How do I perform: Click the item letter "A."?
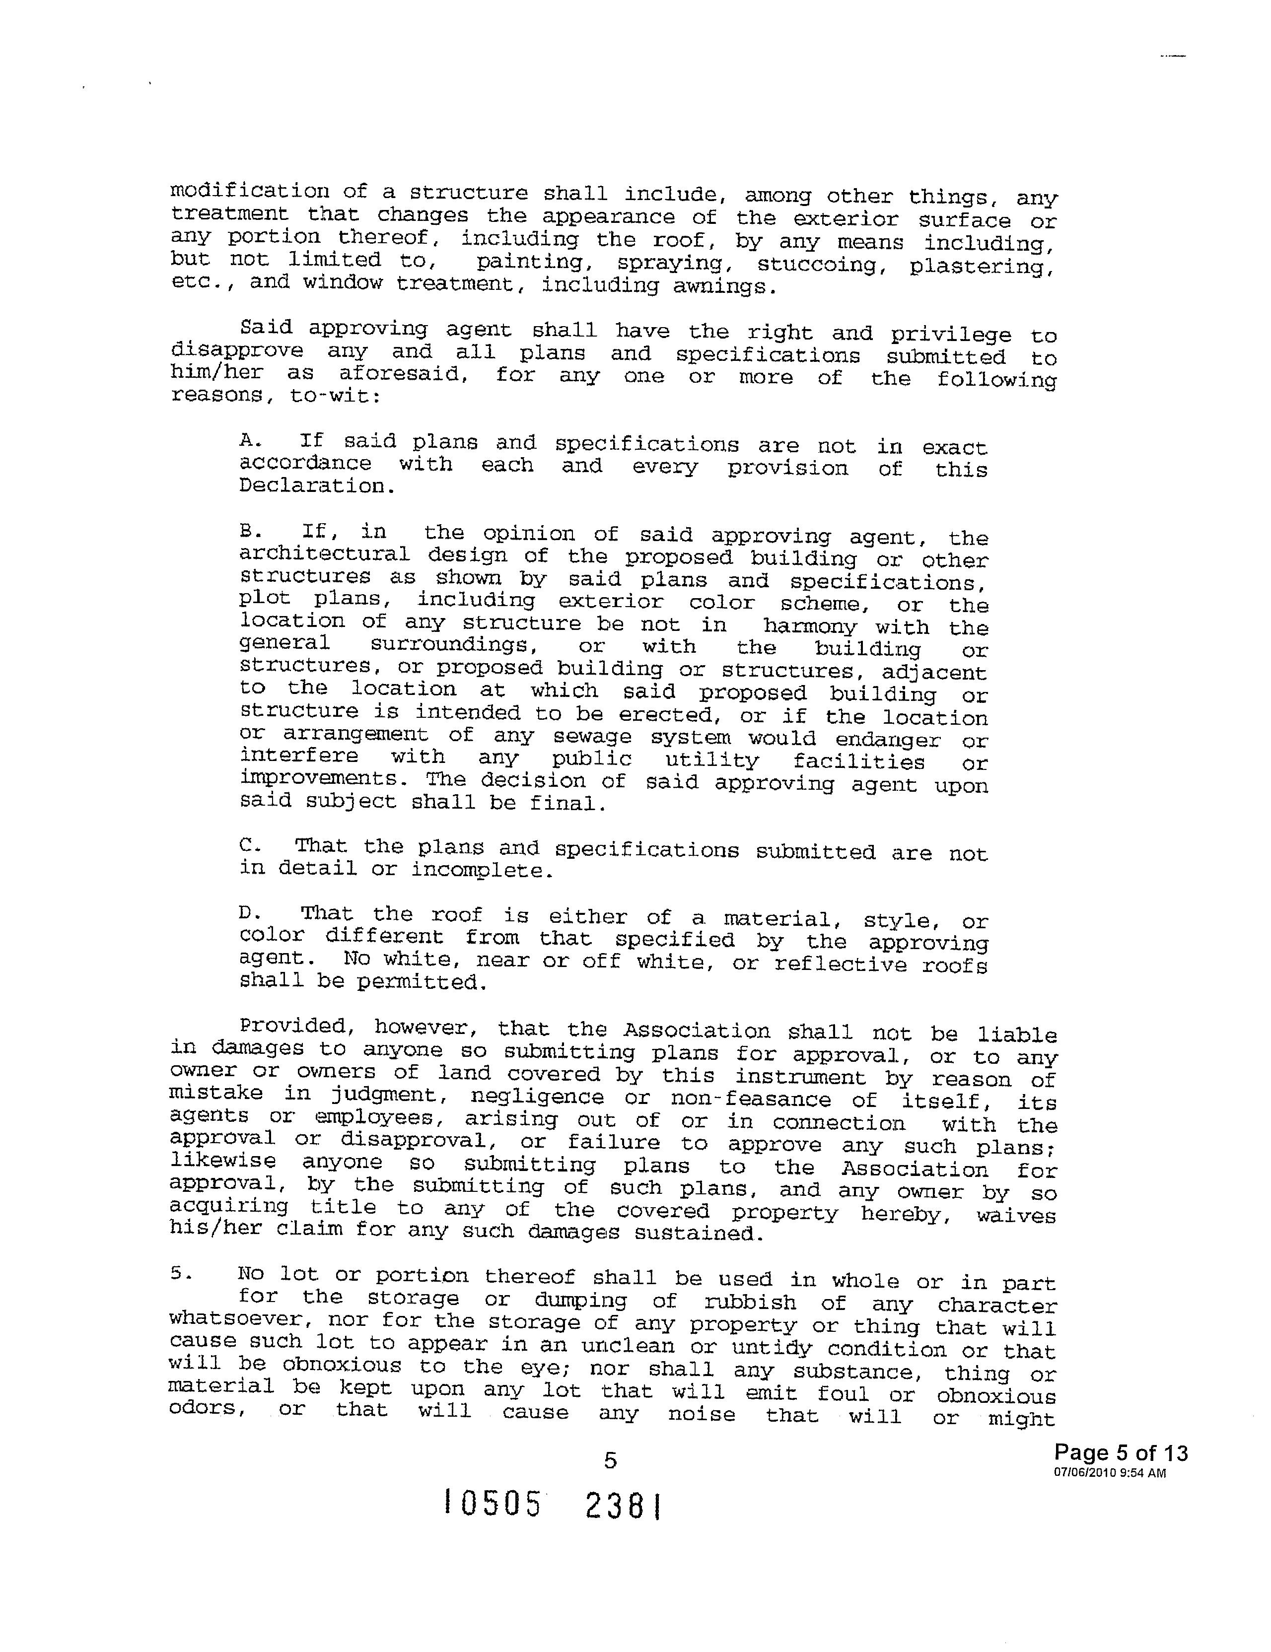pos(250,440)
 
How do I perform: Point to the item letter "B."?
pos(250,532)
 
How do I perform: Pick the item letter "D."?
pos(250,914)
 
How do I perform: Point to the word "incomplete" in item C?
pos(481,871)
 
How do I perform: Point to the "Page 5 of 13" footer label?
pos(1121,1452)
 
